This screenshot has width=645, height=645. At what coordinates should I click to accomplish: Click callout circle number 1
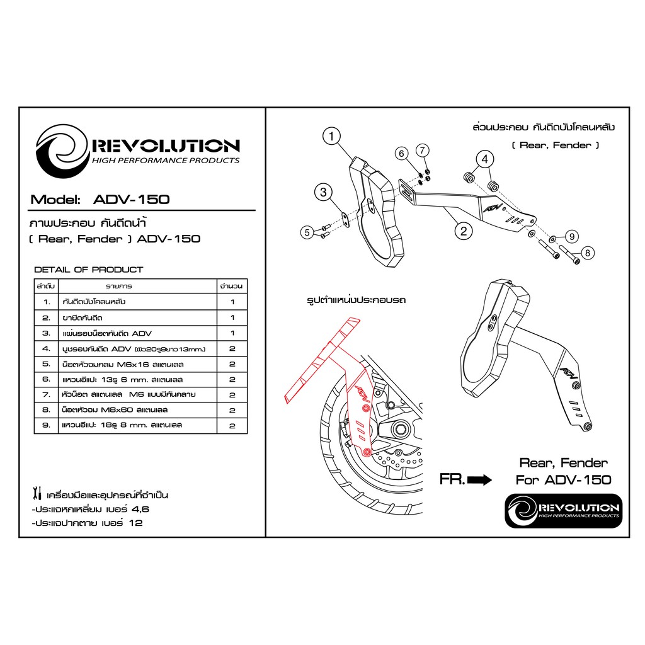click(x=331, y=136)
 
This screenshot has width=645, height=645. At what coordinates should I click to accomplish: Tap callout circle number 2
click(x=464, y=231)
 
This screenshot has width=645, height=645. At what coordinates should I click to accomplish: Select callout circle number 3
click(x=323, y=192)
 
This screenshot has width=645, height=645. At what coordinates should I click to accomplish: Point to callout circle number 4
click(x=485, y=159)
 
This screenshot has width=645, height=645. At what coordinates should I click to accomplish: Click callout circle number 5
click(x=307, y=232)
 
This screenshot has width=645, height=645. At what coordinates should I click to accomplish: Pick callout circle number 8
click(x=588, y=253)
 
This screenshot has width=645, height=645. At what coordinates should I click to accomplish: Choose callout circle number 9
click(x=572, y=237)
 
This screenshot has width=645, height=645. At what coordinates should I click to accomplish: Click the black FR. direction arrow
click(x=479, y=479)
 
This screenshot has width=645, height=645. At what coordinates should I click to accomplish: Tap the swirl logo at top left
click(x=62, y=151)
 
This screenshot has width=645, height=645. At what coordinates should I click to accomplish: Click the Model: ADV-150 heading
click(x=100, y=200)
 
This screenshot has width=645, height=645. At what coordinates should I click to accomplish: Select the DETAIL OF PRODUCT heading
click(x=88, y=270)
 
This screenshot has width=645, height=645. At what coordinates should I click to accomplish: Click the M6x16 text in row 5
click(x=133, y=365)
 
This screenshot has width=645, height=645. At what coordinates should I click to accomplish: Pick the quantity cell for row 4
click(x=232, y=349)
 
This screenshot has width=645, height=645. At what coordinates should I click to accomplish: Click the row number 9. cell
click(x=46, y=425)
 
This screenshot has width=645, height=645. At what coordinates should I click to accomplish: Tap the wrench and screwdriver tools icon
click(x=37, y=494)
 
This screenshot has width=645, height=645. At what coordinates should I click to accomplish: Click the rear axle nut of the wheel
click(x=398, y=430)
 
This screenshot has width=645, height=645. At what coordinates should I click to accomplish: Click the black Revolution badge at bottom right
click(x=564, y=511)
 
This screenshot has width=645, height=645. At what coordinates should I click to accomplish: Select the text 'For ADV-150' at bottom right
click(x=564, y=479)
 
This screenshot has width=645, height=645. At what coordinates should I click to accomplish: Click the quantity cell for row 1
click(x=232, y=302)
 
